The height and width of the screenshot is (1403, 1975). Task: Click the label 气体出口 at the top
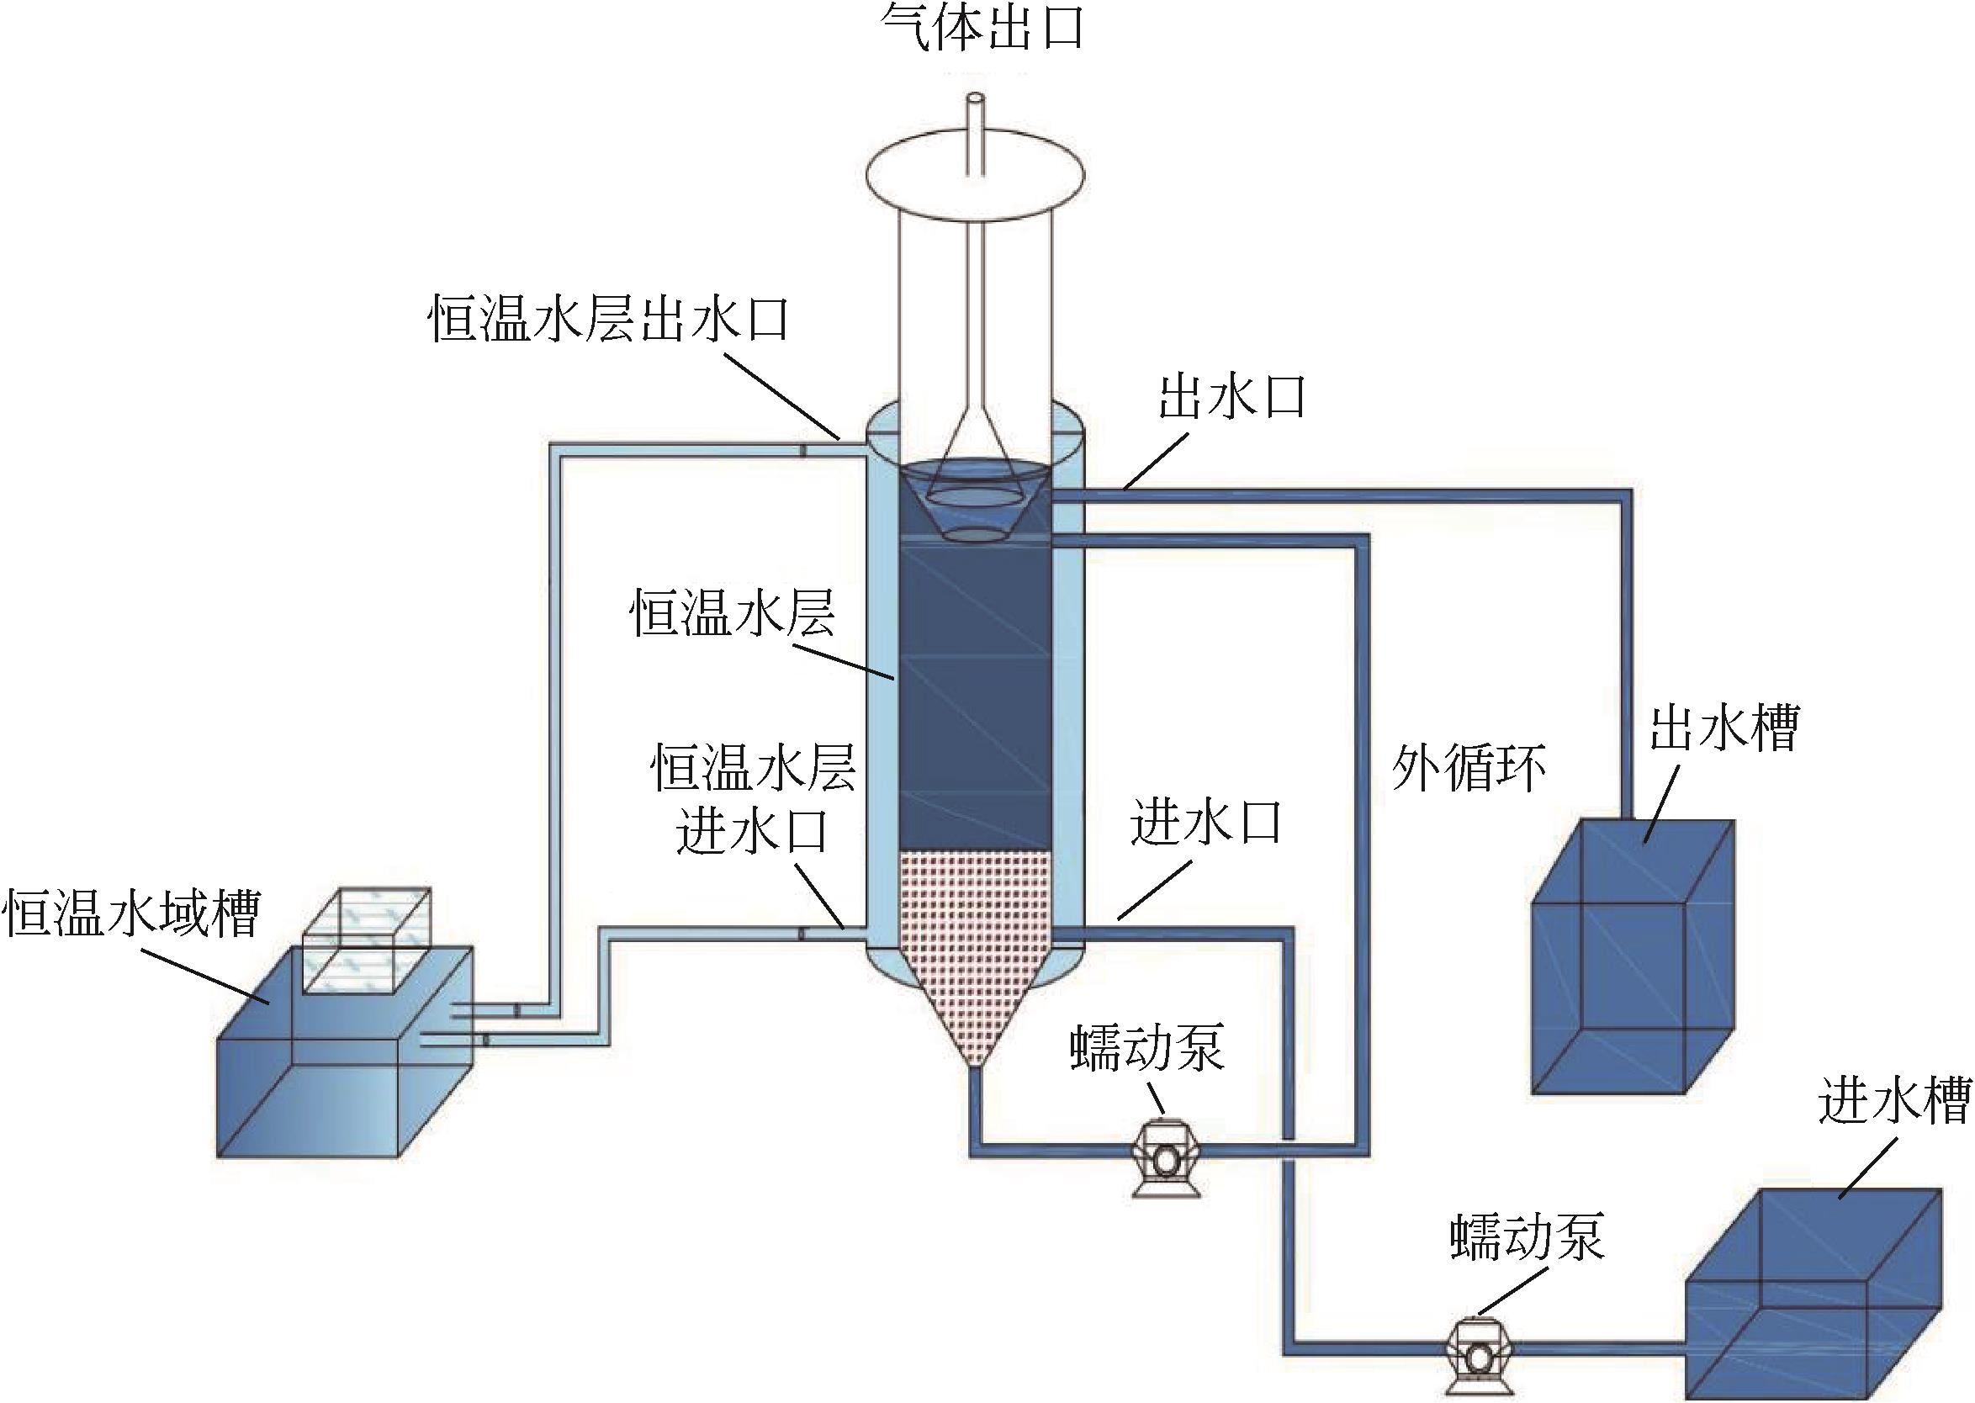point(982,29)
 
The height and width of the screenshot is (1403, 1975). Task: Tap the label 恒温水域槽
point(132,914)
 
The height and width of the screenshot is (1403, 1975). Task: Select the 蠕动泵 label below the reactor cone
point(1146,1050)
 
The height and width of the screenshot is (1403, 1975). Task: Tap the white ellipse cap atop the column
point(974,182)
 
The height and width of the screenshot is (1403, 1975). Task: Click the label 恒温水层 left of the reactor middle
point(733,612)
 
